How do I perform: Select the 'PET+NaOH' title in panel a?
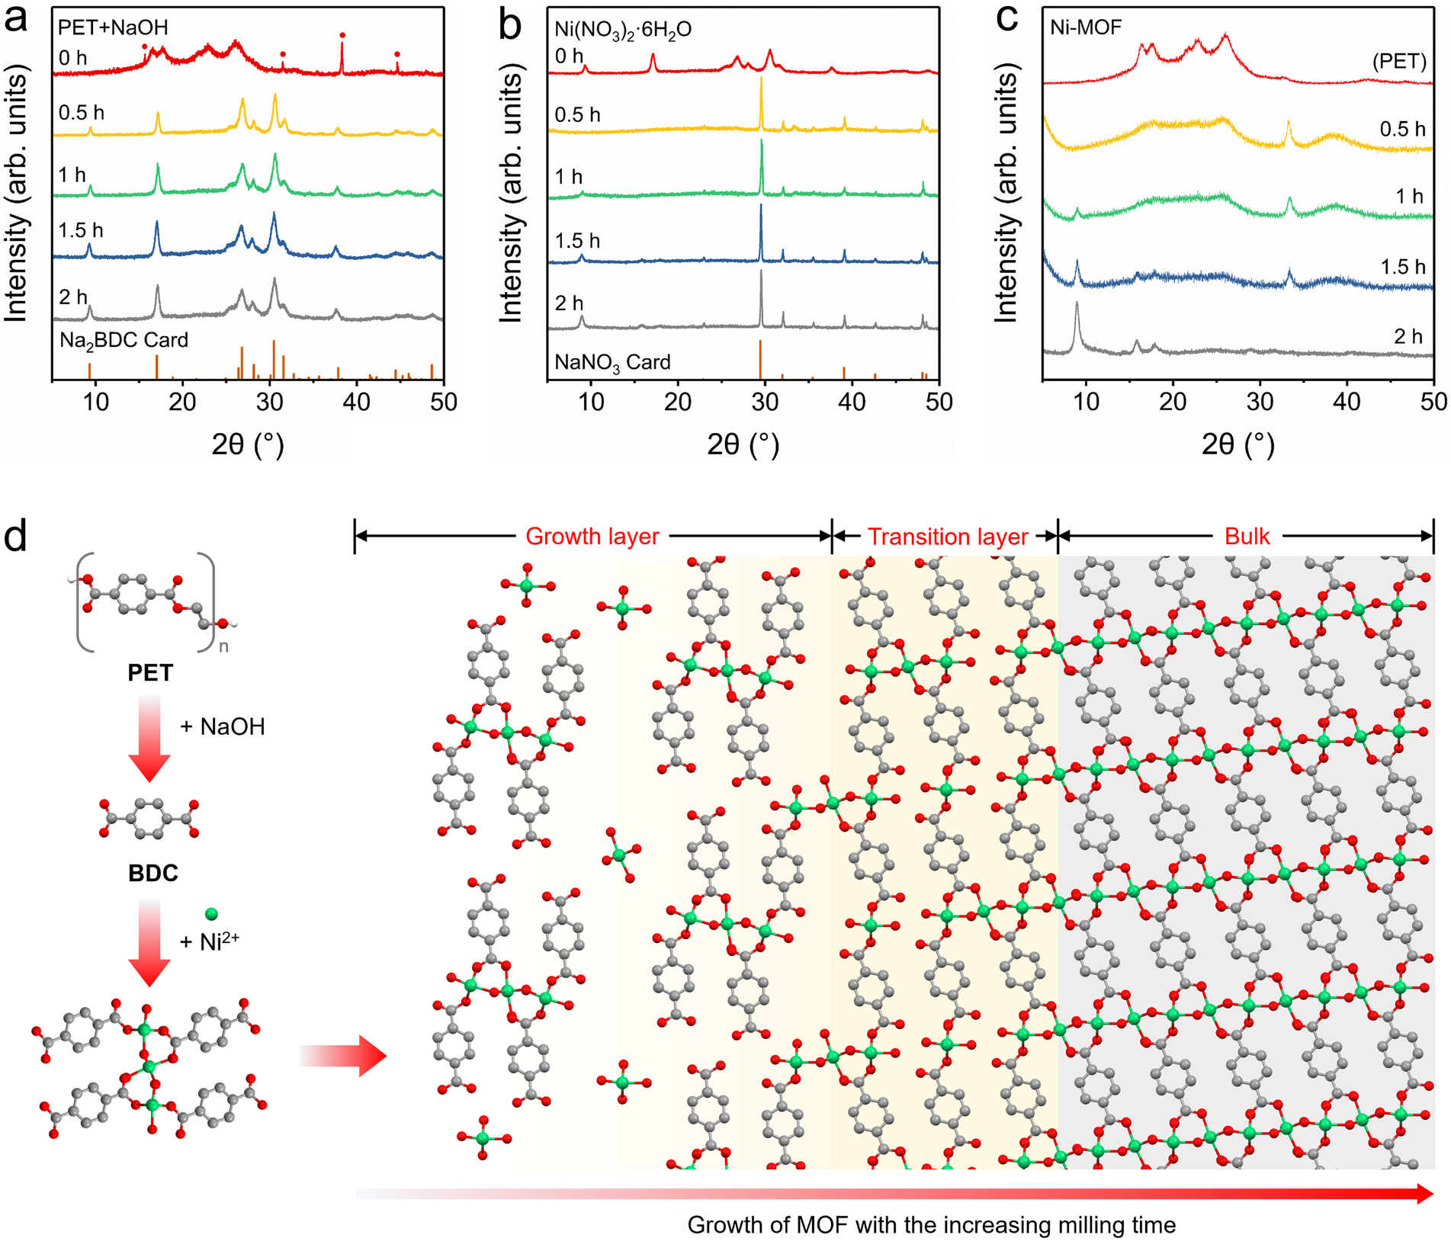(x=113, y=27)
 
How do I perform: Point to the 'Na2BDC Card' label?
(x=124, y=340)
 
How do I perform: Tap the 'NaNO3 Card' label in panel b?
(x=612, y=362)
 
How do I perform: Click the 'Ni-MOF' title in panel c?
(x=1086, y=27)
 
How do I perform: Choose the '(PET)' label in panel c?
(x=1399, y=62)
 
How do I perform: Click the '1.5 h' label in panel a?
(x=80, y=230)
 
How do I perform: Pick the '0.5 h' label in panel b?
(x=577, y=115)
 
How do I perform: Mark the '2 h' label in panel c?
(x=1408, y=336)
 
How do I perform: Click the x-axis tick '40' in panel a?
(x=356, y=402)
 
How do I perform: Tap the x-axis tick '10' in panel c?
(x=1086, y=402)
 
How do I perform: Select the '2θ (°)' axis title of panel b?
(x=743, y=444)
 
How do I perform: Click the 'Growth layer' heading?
(x=592, y=537)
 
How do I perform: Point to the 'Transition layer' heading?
(x=948, y=537)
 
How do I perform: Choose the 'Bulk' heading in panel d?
(x=1247, y=537)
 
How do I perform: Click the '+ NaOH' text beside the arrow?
(x=222, y=726)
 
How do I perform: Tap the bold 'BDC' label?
(x=152, y=873)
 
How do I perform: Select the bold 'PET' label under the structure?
(x=150, y=673)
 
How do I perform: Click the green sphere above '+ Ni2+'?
(x=211, y=913)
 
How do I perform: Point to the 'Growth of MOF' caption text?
(x=931, y=1225)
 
